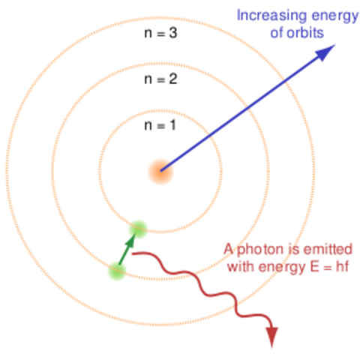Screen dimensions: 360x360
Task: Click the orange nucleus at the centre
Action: pyautogui.click(x=160, y=171)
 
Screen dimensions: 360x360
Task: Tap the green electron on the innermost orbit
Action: pyautogui.click(x=138, y=226)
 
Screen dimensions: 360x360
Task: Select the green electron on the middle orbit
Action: pyautogui.click(x=116, y=270)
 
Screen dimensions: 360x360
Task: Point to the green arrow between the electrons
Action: pyautogui.click(x=127, y=248)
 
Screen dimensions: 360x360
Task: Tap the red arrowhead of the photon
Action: pyautogui.click(x=271, y=337)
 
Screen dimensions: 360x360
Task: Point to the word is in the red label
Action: pyautogui.click(x=292, y=248)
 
